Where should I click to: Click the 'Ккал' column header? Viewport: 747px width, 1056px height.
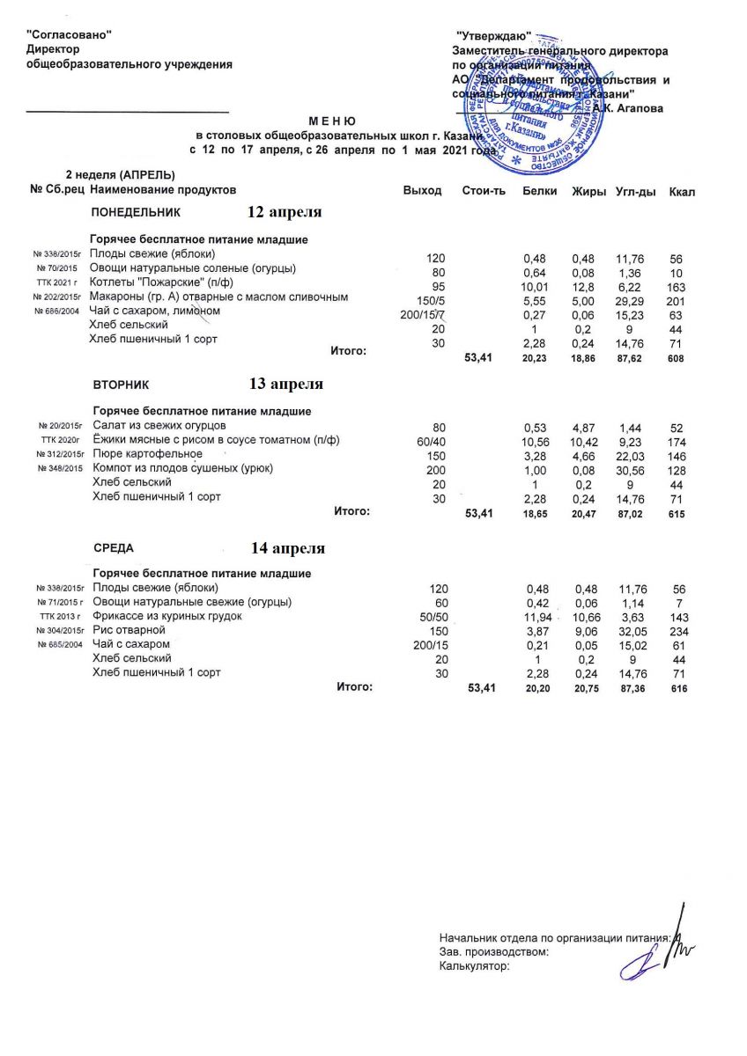pyautogui.click(x=682, y=191)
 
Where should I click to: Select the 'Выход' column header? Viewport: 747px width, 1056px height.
pyautogui.click(x=422, y=191)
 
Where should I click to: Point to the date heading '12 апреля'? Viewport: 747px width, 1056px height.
pyautogui.click(x=284, y=213)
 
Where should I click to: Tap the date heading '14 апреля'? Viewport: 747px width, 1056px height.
pyautogui.click(x=287, y=548)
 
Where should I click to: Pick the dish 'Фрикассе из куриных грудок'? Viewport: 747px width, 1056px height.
pyautogui.click(x=166, y=616)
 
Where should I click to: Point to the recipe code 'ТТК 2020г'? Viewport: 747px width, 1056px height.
pyautogui.click(x=61, y=440)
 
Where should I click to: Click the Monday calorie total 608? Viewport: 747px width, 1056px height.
pyautogui.click(x=676, y=359)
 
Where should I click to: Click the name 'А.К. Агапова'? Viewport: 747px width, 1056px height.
pyautogui.click(x=628, y=107)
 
